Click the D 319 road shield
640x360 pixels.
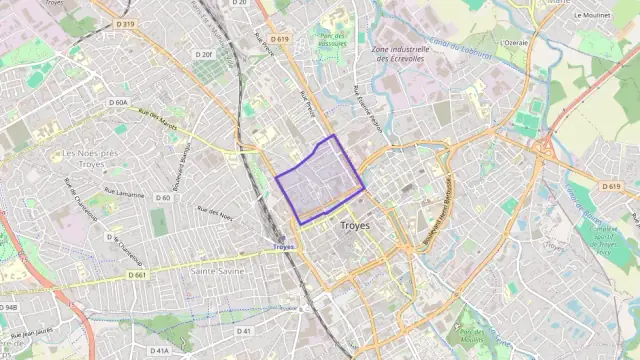coord(125,22)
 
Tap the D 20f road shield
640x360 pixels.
coord(204,54)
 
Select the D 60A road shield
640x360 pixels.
coord(118,102)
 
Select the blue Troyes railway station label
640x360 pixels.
coord(283,246)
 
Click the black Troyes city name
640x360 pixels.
coord(355,226)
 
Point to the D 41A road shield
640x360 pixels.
coord(160,351)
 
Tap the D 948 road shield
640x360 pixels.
coord(8,307)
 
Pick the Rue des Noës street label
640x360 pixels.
coord(214,212)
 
